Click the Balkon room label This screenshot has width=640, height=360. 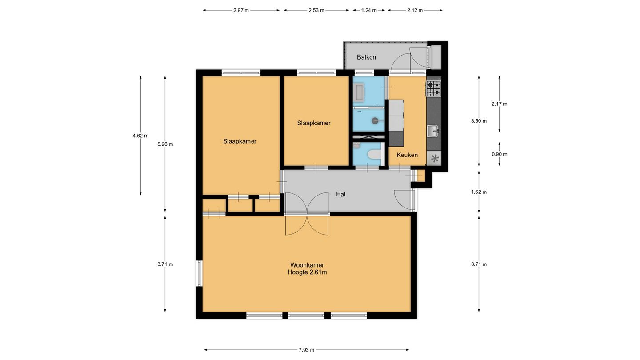click(x=366, y=57)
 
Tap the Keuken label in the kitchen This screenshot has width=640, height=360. click(x=407, y=155)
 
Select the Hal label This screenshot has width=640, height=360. click(x=340, y=195)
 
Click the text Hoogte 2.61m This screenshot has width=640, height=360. click(x=307, y=272)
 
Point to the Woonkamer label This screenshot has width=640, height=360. click(x=307, y=265)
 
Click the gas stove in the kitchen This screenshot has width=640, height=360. click(x=434, y=88)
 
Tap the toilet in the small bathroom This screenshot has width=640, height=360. click(x=374, y=155)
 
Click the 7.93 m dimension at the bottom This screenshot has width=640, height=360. click(x=307, y=350)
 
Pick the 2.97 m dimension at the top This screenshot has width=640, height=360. click(x=241, y=11)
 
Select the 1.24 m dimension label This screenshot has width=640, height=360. click(x=369, y=11)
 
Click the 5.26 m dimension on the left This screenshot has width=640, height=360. click(x=165, y=144)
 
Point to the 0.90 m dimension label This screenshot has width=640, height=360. click(x=500, y=154)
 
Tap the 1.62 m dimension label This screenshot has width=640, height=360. click(x=479, y=192)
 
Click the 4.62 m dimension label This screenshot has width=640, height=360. click(x=140, y=136)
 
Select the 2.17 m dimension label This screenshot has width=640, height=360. click(x=500, y=104)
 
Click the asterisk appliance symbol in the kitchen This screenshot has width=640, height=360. click(x=435, y=158)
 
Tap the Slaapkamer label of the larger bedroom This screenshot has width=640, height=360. click(x=240, y=141)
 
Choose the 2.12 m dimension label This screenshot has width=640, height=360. click(x=415, y=11)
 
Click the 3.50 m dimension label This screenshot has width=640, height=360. click(x=479, y=121)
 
